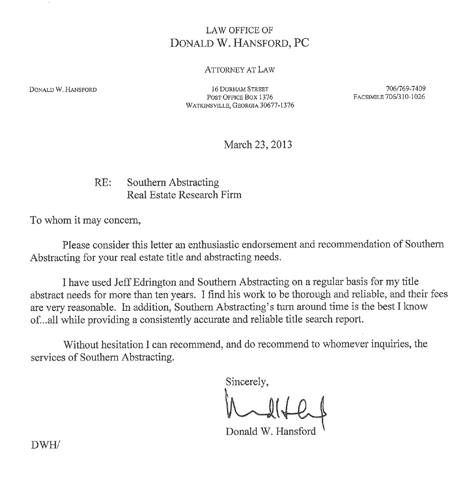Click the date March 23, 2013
pos(258,145)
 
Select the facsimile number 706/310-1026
pos(390,97)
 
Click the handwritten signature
pos(275,408)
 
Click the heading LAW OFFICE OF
pos(239,30)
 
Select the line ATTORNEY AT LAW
pos(239,69)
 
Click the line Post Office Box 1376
pos(240,97)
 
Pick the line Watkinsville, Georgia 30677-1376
pos(240,105)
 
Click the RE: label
pos(103,183)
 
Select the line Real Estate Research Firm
pos(184,194)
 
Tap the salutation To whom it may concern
pos(85,220)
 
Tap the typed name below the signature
pos(271,432)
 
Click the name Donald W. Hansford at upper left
pos(63,90)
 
